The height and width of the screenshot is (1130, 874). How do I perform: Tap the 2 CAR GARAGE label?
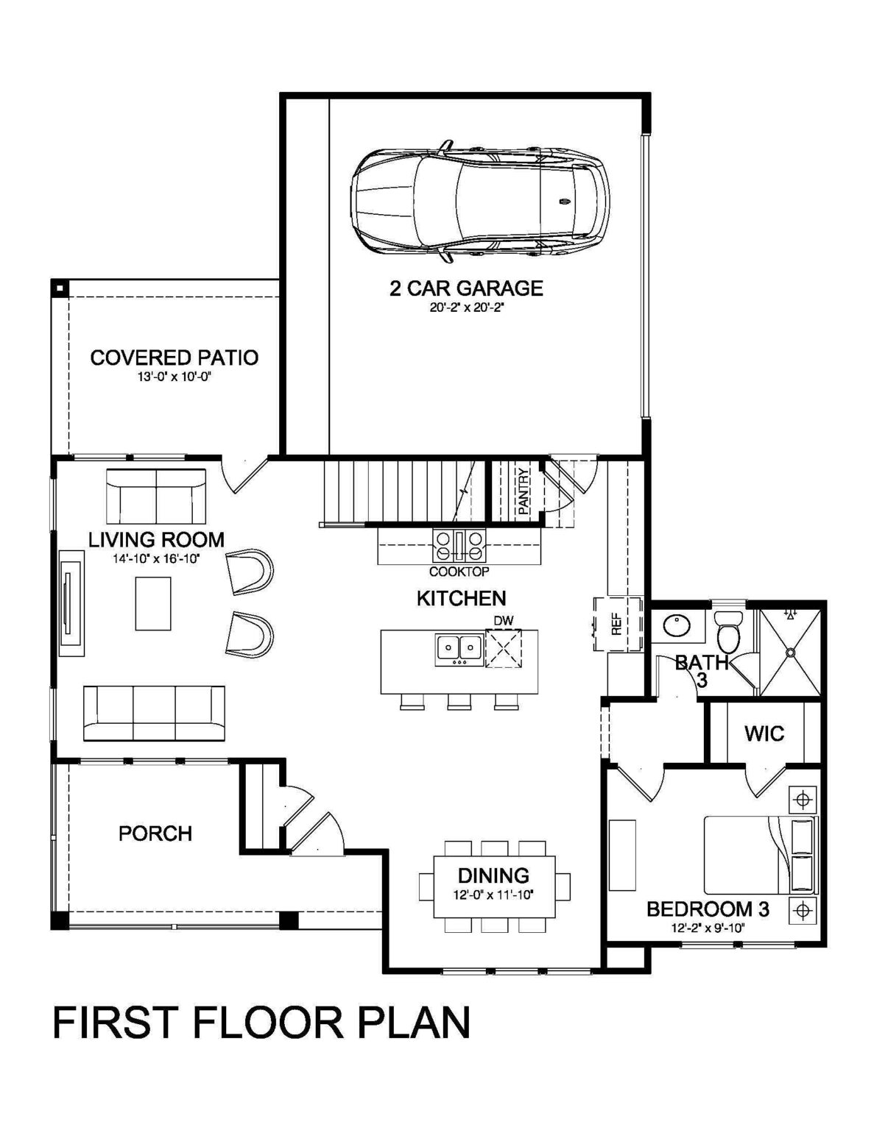(466, 288)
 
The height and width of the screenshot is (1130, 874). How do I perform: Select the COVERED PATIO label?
(175, 358)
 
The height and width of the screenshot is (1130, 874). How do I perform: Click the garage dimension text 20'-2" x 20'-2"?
(468, 308)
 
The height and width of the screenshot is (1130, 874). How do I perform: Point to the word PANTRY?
(524, 491)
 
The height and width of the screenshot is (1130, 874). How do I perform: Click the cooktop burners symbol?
(459, 546)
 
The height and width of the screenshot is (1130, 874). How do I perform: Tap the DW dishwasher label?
(504, 620)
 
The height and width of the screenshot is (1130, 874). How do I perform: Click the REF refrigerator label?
(616, 625)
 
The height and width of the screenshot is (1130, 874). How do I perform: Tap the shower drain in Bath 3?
(790, 652)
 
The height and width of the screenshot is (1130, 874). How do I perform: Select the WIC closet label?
(764, 733)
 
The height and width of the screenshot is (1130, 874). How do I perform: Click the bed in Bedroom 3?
(761, 856)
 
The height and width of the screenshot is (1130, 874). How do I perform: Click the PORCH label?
(155, 834)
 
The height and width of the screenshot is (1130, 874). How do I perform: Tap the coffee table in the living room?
(153, 603)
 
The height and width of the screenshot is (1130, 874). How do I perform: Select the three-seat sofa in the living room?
(154, 713)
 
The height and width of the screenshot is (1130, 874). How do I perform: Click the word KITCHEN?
(462, 599)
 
